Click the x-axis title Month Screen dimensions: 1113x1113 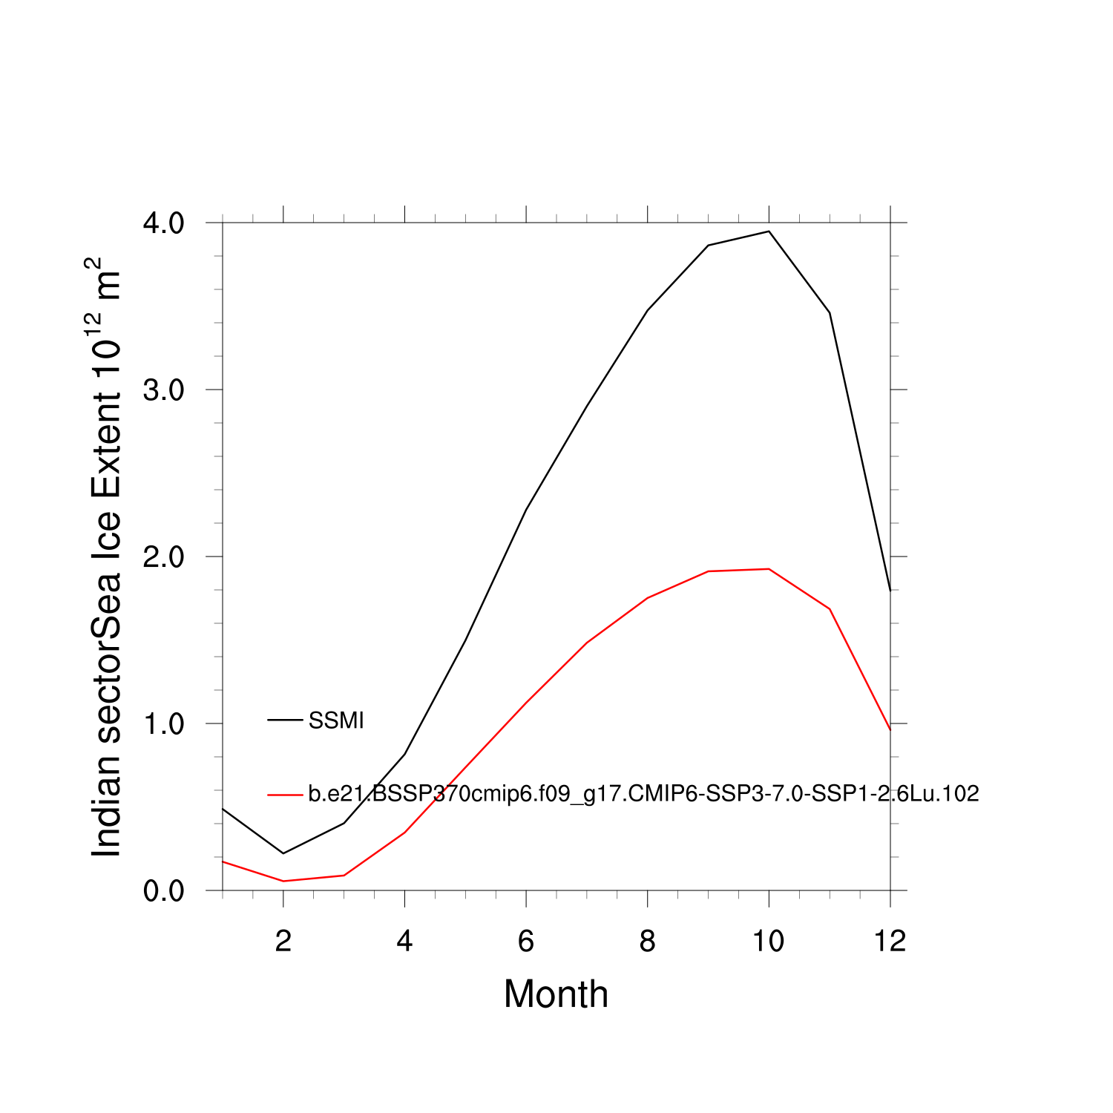point(556,994)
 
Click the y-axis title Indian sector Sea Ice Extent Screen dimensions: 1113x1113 point(105,558)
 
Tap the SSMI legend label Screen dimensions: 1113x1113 point(336,720)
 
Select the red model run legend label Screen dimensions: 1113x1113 point(643,794)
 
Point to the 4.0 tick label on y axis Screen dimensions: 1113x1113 point(163,223)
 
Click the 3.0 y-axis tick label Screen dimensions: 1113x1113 point(163,390)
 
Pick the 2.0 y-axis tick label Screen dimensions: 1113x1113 point(163,557)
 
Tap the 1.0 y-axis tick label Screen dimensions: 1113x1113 point(163,724)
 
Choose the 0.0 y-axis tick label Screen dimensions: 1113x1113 point(163,891)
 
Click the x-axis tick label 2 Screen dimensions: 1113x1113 point(283,942)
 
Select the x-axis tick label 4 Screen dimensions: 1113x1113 point(404,942)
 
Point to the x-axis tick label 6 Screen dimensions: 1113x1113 point(526,942)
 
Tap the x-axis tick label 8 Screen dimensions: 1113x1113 point(648,942)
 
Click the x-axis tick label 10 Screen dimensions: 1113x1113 point(769,942)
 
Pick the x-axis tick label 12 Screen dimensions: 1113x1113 point(890,942)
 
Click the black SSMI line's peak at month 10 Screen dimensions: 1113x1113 point(769,232)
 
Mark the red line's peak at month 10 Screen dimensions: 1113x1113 point(769,569)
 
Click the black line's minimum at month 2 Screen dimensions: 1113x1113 point(283,853)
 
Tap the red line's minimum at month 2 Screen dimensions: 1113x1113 point(283,881)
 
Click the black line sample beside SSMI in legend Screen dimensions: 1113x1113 point(285,720)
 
